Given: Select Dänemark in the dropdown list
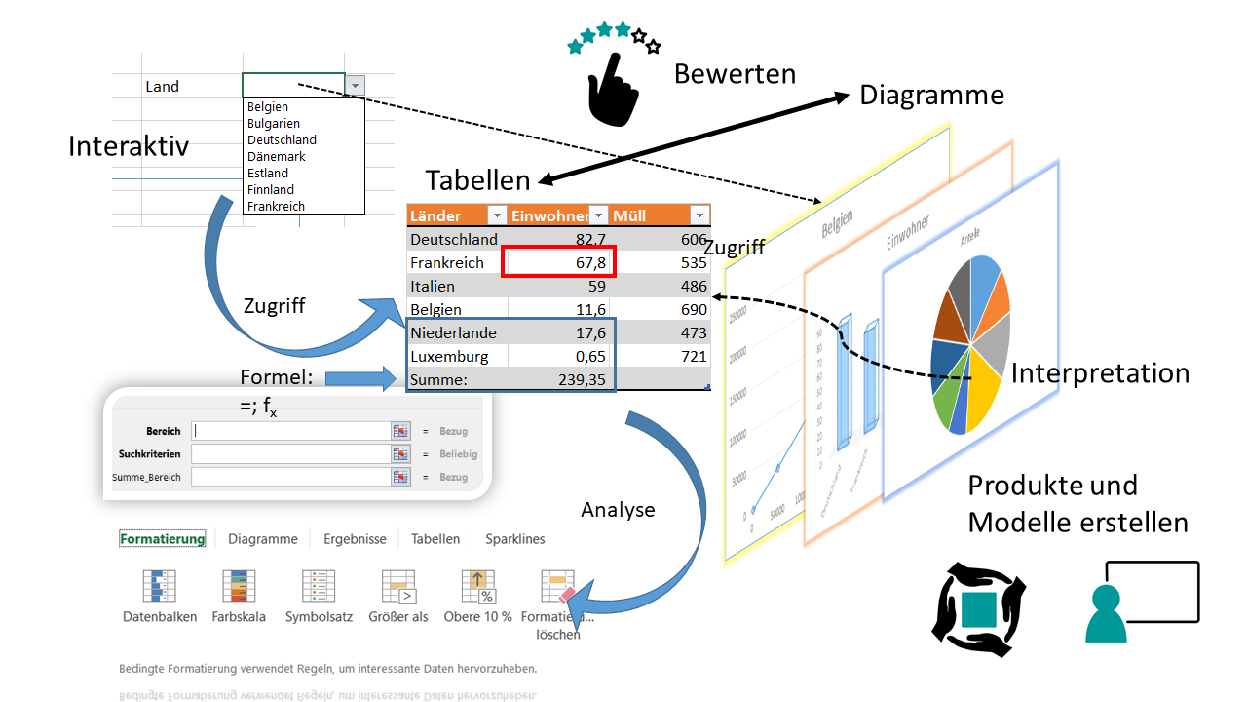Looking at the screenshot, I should click(277, 156).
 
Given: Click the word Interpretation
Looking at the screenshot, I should click(1100, 373).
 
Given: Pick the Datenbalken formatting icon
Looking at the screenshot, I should click(160, 588).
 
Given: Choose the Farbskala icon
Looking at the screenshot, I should click(239, 588).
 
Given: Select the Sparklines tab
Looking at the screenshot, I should click(515, 539).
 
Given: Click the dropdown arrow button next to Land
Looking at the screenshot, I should click(356, 86).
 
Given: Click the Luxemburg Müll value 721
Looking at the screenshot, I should click(694, 357).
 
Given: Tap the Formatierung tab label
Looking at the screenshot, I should click(163, 539).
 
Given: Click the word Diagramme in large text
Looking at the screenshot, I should click(931, 96).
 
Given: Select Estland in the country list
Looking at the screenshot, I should click(268, 173).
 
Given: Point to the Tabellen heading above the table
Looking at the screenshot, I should click(477, 180).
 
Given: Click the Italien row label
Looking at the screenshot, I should click(433, 287).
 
